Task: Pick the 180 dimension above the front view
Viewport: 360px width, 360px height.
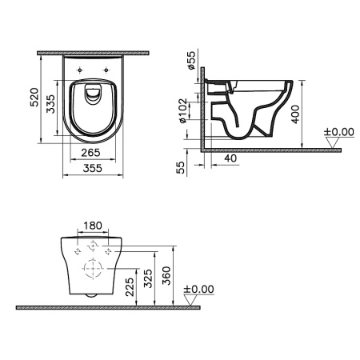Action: pyautogui.click(x=94, y=226)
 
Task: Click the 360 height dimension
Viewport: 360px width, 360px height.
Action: pyautogui.click(x=167, y=274)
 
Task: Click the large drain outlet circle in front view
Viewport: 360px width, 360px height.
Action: pyautogui.click(x=94, y=267)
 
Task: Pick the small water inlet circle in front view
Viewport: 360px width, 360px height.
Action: pyautogui.click(x=94, y=245)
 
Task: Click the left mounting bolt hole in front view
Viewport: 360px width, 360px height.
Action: pyautogui.click(x=77, y=250)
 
